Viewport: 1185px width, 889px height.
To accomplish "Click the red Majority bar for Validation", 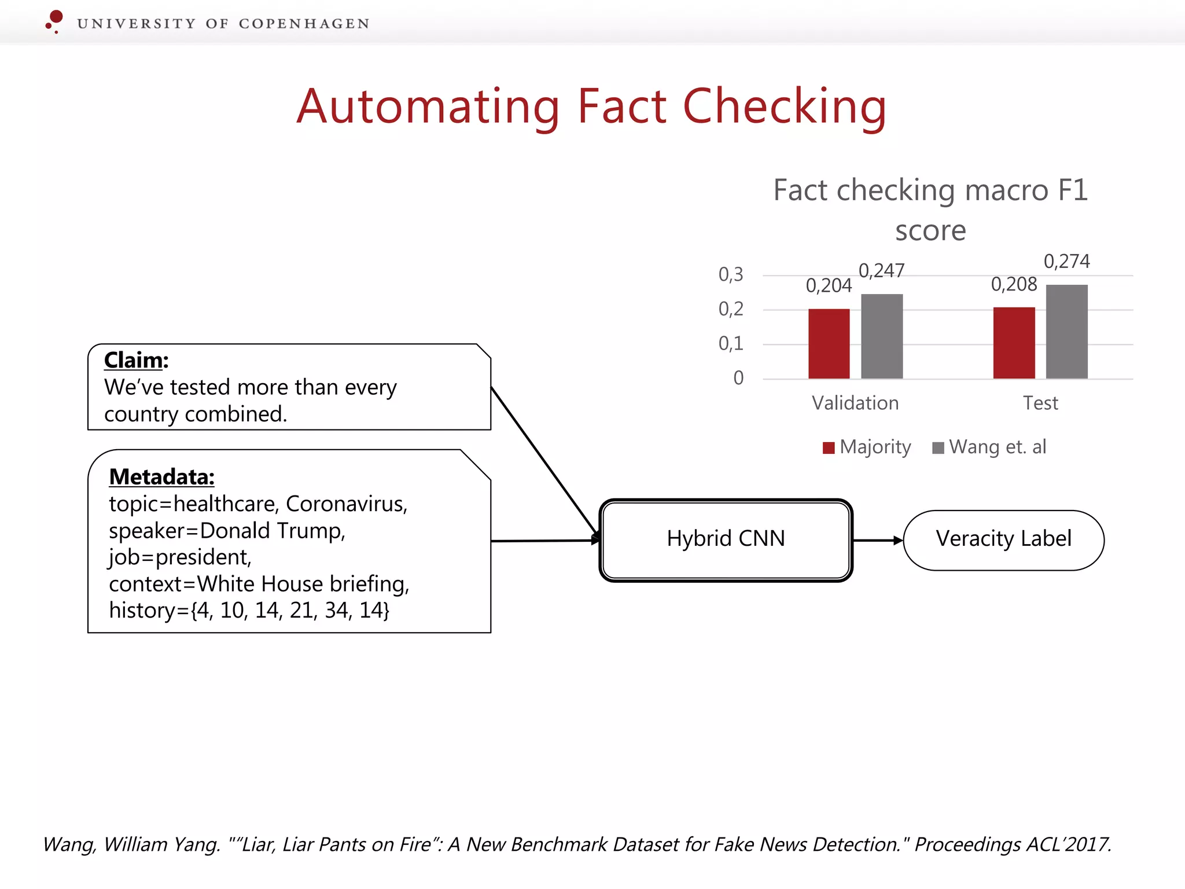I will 829,344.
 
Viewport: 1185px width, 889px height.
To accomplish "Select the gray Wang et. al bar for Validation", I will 881,336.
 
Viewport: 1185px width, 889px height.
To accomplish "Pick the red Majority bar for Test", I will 1014,343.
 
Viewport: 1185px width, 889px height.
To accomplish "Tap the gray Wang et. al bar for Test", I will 1066,332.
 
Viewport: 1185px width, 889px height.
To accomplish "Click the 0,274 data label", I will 1066,262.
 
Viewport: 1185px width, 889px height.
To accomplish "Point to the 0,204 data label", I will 829,286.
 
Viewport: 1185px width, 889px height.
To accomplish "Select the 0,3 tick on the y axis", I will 731,274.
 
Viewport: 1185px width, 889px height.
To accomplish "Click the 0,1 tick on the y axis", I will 731,344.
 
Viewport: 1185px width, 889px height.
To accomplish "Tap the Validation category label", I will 855,403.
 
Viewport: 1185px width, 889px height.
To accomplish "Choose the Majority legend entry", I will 867,447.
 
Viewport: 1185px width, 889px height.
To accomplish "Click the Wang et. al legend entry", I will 990,447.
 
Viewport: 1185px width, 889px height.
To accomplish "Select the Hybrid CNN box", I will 726,539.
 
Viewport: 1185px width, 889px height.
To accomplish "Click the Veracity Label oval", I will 1003,539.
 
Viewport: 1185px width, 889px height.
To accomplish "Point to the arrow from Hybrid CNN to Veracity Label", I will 877,541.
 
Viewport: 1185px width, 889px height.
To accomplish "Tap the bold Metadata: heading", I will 161,477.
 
